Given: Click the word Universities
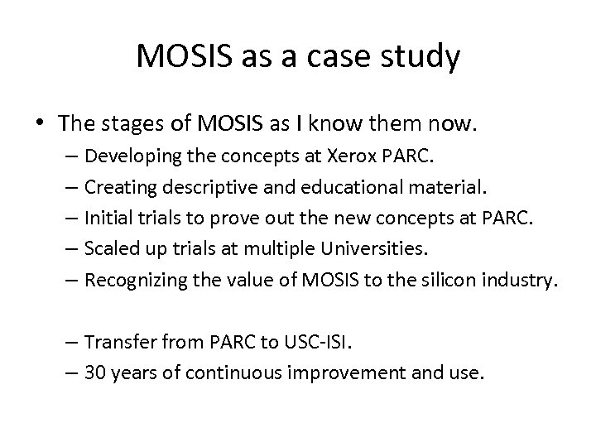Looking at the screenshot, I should pos(378,249).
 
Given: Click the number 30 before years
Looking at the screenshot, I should pos(94,373).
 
